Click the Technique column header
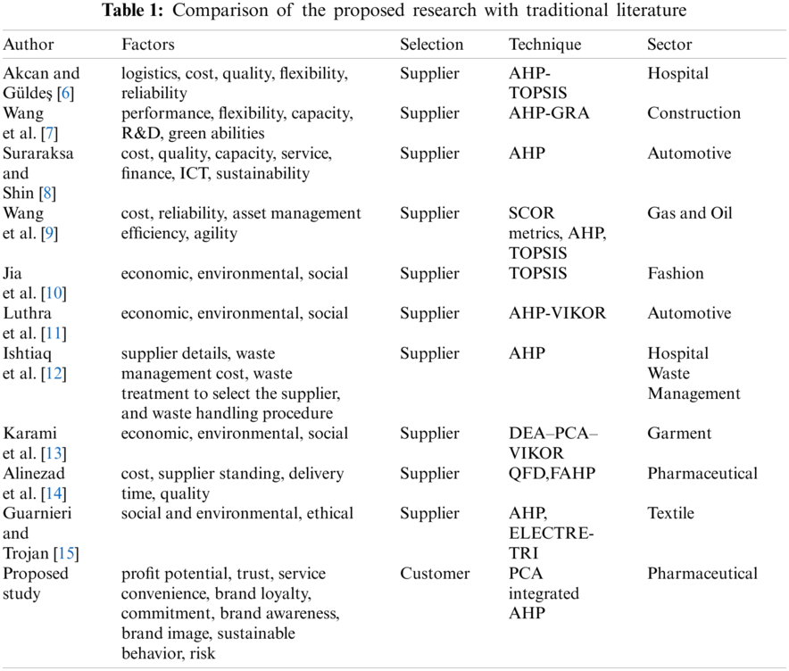[x=544, y=45]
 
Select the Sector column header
[x=669, y=45]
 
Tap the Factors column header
[x=148, y=45]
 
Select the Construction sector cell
[x=693, y=113]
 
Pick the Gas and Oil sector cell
[x=689, y=213]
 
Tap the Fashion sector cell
[x=675, y=273]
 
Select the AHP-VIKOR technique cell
[x=557, y=313]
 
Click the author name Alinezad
[x=34, y=473]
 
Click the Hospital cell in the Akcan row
[x=677, y=73]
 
